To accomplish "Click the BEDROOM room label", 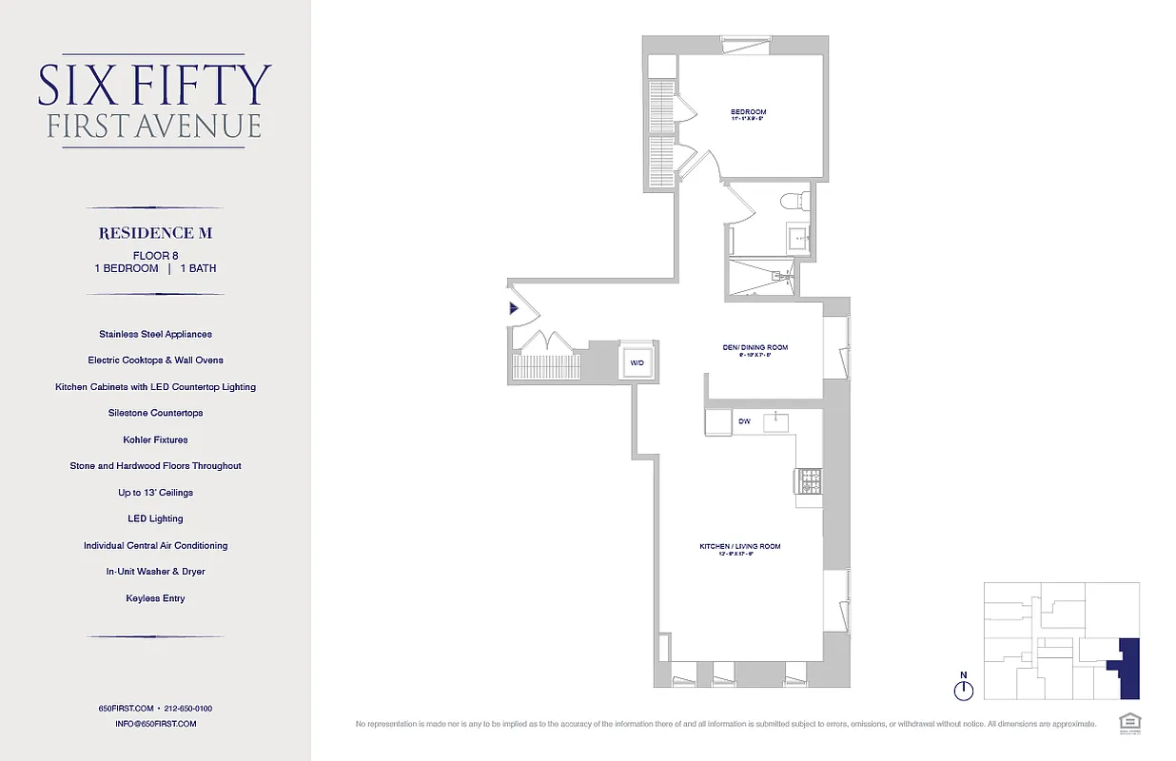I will coord(748,112).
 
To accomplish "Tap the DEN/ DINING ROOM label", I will coord(755,347).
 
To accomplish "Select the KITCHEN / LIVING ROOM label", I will coord(740,546).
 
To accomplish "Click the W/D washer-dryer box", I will coord(636,362).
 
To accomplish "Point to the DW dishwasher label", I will coord(743,420).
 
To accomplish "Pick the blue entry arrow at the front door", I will coord(514,308).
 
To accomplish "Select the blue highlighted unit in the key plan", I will coord(1128,668).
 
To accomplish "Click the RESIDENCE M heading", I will coord(155,233).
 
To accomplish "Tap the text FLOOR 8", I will coord(155,256).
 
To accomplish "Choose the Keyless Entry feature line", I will coord(155,598).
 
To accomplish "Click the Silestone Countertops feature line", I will coord(155,413).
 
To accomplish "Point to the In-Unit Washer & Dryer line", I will coord(155,572).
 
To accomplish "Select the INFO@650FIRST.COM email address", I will coord(155,724).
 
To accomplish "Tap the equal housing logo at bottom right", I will coord(1130,722).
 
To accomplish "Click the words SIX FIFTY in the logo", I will coord(155,85).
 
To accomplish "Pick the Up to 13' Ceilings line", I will coord(155,493).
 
